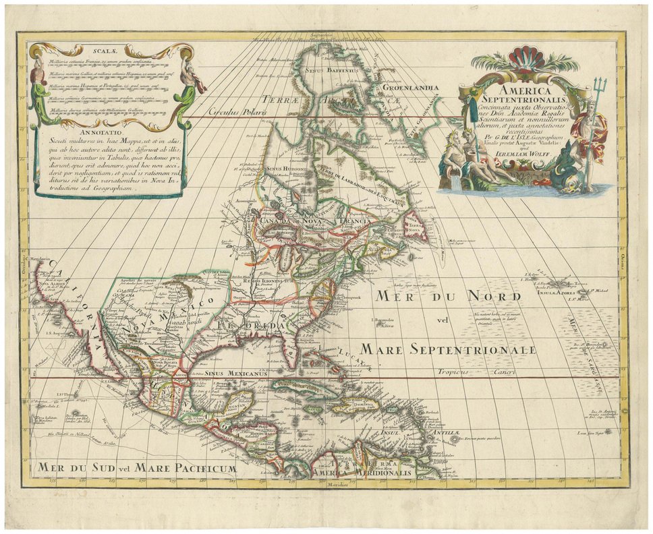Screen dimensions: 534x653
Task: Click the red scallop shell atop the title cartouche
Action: (523, 57)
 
